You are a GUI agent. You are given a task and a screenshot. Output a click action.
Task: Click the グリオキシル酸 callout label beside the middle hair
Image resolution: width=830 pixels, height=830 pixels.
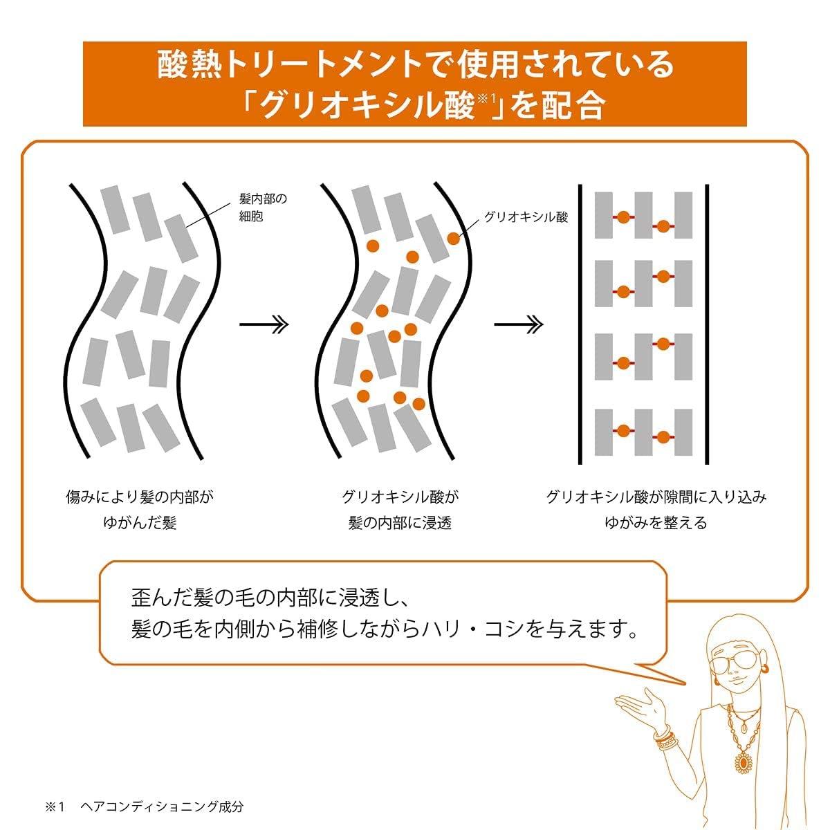point(526,217)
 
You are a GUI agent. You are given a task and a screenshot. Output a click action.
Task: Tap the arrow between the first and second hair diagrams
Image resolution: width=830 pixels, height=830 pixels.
point(264,324)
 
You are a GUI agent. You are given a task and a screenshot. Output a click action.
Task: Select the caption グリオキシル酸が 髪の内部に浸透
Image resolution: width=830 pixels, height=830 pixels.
point(400,510)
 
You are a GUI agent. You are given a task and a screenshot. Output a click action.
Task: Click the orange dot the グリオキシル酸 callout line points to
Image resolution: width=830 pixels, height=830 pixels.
point(454,238)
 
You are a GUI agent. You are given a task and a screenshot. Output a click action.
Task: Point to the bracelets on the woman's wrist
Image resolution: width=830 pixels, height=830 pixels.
point(666,736)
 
